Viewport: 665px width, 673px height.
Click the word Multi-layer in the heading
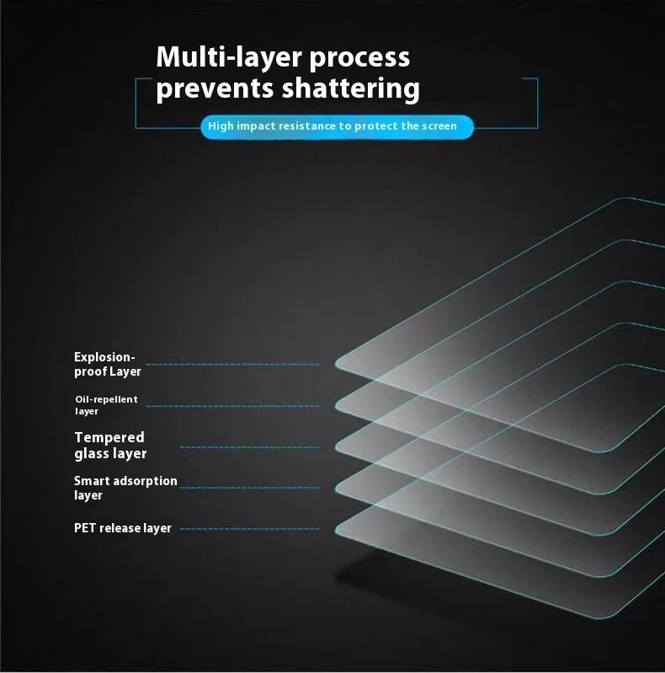(x=230, y=58)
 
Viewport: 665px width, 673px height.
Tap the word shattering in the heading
(x=350, y=88)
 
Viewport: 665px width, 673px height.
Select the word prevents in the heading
(x=215, y=88)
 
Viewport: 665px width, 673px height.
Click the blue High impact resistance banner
(x=337, y=126)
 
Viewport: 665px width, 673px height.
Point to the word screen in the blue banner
(x=439, y=126)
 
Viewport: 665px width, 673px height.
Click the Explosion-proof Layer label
(x=107, y=364)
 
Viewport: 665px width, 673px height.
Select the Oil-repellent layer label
(x=106, y=405)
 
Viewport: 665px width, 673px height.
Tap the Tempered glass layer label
(x=110, y=446)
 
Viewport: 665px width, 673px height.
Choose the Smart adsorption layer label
(x=125, y=488)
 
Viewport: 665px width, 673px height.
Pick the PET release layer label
(x=122, y=528)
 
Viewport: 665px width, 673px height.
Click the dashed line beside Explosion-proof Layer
(x=232, y=365)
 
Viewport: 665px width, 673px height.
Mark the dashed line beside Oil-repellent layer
(x=232, y=406)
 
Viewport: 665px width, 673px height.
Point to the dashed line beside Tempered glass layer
(x=249, y=447)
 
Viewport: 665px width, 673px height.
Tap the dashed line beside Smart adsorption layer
(x=249, y=488)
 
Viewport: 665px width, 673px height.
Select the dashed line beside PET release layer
(x=249, y=529)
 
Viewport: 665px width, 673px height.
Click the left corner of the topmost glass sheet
(x=336, y=364)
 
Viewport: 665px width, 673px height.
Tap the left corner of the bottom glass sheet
(x=336, y=530)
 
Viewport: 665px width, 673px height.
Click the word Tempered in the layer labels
(x=109, y=437)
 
